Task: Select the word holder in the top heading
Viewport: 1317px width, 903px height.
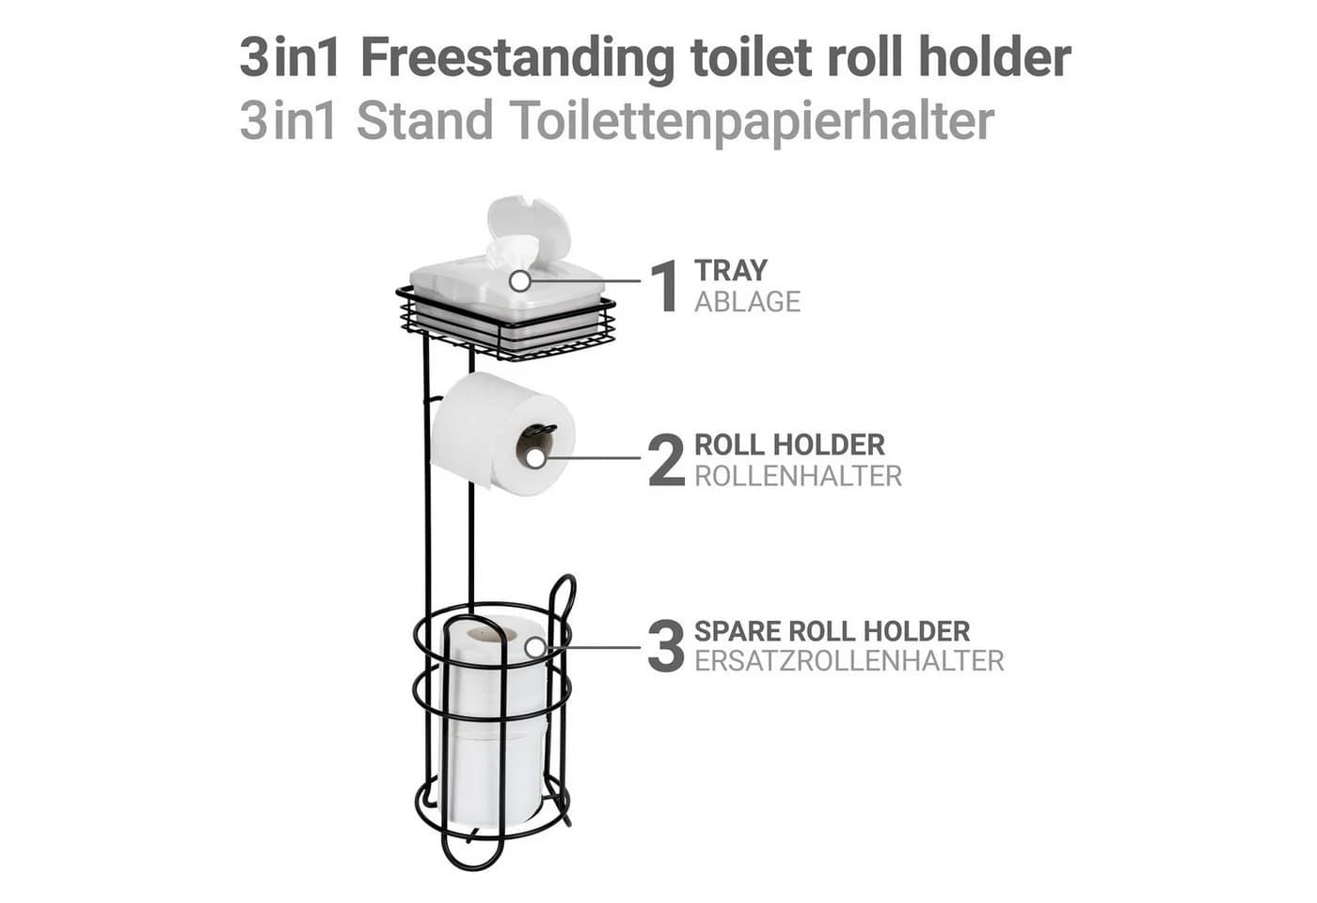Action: (994, 57)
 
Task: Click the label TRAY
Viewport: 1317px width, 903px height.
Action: (731, 271)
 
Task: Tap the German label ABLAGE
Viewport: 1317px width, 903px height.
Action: (747, 302)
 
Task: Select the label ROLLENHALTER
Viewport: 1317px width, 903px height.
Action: (798, 476)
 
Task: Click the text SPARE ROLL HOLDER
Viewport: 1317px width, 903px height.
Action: (832, 631)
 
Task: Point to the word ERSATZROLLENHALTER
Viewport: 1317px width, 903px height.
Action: (849, 661)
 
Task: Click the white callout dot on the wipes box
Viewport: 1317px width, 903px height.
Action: (519, 281)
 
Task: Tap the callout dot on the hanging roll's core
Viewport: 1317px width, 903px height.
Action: (535, 458)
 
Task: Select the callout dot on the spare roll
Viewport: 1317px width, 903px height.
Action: (535, 647)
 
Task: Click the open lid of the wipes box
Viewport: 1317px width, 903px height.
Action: (529, 226)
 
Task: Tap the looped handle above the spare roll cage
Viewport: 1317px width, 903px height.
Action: (562, 594)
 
